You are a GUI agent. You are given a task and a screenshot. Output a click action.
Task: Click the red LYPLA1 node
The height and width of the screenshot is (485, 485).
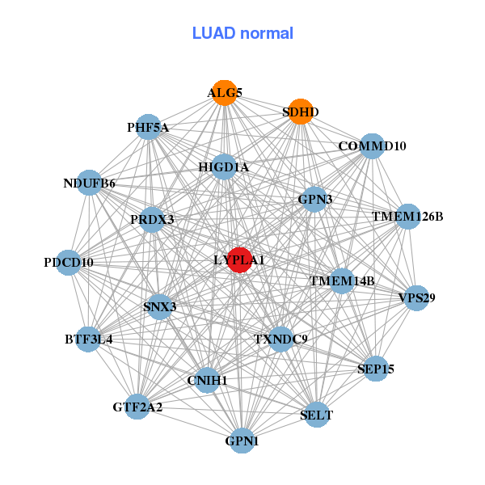(x=239, y=260)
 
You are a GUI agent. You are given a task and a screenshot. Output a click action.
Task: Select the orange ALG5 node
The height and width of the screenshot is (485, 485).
(x=224, y=93)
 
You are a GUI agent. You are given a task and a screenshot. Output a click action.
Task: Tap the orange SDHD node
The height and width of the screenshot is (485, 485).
(x=301, y=112)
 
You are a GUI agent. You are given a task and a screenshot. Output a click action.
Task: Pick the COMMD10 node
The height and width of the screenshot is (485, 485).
(x=371, y=146)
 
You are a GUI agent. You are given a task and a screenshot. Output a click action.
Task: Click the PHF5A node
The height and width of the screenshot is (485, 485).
(x=148, y=127)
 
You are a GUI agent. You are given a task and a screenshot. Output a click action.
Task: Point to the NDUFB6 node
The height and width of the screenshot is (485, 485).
(x=90, y=183)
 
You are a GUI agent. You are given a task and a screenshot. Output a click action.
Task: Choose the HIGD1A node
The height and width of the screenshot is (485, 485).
(x=224, y=167)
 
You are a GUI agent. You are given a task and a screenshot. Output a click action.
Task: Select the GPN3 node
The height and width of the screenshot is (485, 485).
(x=314, y=199)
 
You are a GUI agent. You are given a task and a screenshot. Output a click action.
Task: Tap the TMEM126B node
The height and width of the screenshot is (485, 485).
(x=407, y=217)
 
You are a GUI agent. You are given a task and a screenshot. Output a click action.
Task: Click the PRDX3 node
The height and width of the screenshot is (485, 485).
(x=152, y=219)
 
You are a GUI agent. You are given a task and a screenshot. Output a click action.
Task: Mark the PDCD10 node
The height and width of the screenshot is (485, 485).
(x=69, y=263)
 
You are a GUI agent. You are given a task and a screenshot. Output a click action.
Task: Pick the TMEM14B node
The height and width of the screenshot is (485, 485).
(x=342, y=281)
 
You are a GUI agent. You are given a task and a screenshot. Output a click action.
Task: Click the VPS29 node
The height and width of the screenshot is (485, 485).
(x=416, y=298)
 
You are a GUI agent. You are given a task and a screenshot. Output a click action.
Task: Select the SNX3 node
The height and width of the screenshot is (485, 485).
(x=160, y=306)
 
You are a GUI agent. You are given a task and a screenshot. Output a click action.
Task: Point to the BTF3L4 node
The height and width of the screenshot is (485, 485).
(x=89, y=339)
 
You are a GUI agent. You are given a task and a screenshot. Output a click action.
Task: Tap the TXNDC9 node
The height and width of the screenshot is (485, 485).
(x=280, y=339)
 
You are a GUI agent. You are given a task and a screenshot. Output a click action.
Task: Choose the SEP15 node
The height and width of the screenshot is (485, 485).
(x=375, y=369)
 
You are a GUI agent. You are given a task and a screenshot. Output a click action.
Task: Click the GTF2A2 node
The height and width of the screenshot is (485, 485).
(x=137, y=407)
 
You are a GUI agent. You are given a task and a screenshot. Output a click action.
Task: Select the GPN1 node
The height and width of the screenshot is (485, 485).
(x=242, y=441)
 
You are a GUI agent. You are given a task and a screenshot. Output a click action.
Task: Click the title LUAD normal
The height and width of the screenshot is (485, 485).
(x=242, y=33)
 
